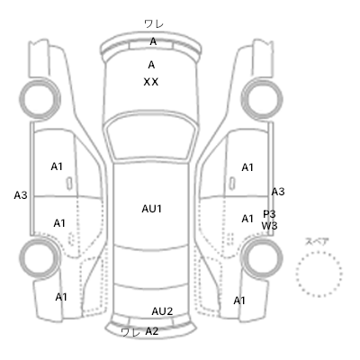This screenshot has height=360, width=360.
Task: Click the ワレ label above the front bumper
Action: point(154,23)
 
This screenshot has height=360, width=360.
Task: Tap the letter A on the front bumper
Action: point(153,41)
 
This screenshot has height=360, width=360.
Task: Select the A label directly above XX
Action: point(151,65)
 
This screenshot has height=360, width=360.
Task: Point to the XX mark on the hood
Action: point(151,82)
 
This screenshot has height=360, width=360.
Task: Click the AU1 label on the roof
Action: point(152,209)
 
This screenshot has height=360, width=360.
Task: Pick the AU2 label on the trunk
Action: point(162,311)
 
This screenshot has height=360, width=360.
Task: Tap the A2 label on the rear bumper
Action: point(152,331)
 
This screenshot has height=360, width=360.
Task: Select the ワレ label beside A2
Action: point(130,332)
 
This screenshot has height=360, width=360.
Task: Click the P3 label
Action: point(269,214)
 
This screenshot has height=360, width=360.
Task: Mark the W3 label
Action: point(269,226)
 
